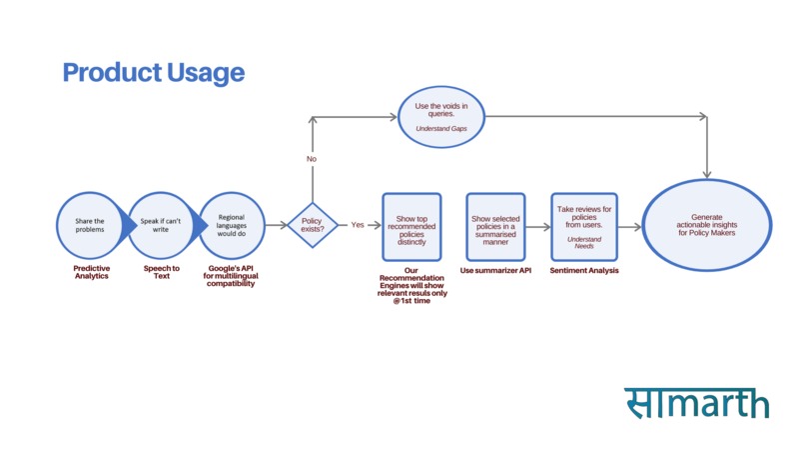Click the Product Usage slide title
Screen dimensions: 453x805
tap(154, 73)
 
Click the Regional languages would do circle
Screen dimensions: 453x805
tap(232, 226)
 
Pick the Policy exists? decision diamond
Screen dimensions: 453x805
tap(313, 225)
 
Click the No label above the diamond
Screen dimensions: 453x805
tap(312, 159)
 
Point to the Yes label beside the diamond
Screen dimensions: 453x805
tap(358, 225)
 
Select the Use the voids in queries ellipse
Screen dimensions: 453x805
tap(440, 118)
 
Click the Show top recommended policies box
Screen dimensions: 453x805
tap(411, 226)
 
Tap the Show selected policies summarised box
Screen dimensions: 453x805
tap(495, 227)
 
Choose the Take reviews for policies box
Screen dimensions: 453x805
tap(584, 227)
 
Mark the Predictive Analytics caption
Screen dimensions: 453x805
tap(92, 272)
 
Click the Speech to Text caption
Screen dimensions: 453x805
tap(162, 272)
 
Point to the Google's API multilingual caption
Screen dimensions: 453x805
tap(230, 277)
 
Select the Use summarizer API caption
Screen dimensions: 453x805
tap(495, 270)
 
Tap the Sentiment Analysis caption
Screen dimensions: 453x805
tap(584, 270)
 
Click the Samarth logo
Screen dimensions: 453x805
tap(697, 402)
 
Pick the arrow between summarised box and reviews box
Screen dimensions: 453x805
tap(538, 227)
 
